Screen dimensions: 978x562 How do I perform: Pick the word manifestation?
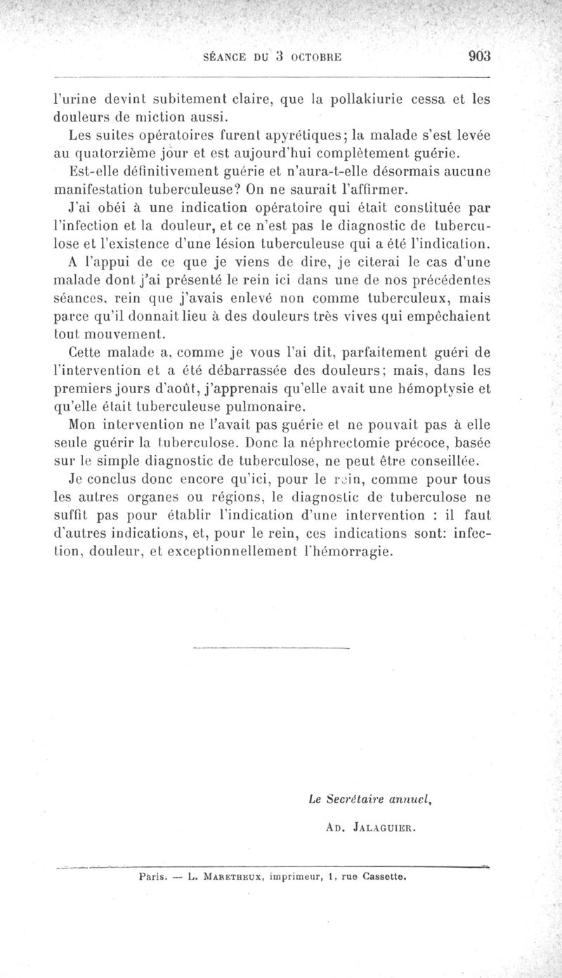pos(103,189)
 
